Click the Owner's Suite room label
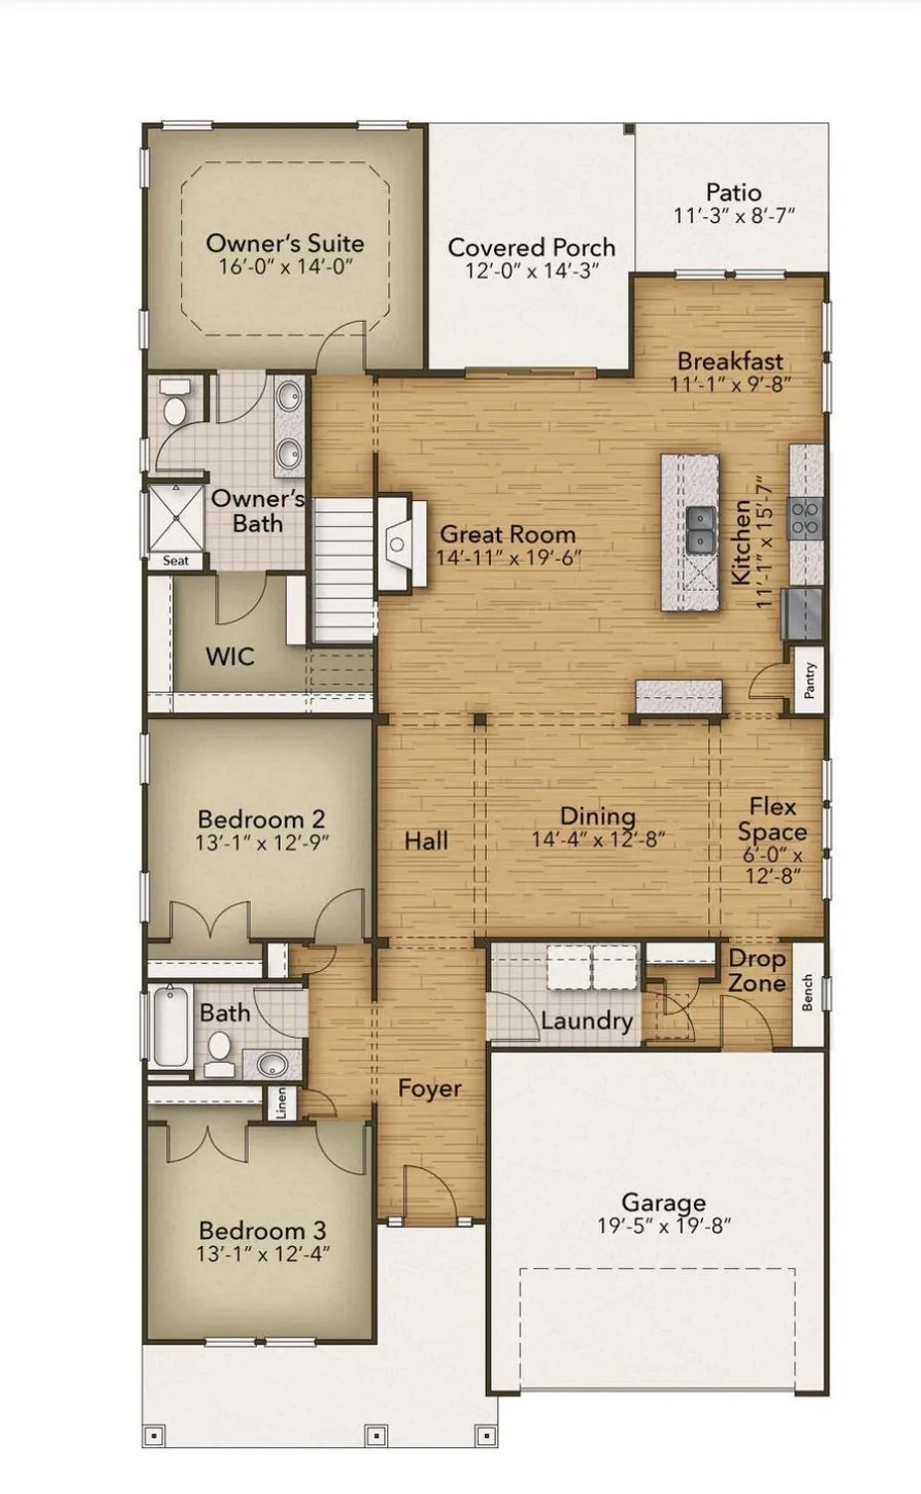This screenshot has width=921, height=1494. coord(285,242)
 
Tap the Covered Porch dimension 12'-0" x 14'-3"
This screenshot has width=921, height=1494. coord(532,271)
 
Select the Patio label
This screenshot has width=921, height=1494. coord(734,192)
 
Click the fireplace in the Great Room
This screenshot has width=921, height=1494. coord(397,544)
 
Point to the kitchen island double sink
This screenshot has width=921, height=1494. coord(700,528)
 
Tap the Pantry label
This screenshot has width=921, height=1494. coord(809,680)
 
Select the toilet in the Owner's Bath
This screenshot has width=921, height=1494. coord(175,406)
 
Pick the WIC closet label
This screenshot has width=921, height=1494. coord(230,656)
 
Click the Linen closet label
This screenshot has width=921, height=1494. coord(281,1103)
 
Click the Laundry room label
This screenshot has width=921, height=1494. coord(586,1021)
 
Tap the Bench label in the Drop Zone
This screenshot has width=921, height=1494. coord(807,992)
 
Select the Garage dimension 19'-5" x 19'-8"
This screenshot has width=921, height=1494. coord(663,1226)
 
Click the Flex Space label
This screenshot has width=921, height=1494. coord(773,819)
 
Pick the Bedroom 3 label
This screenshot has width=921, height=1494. coord(262,1230)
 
